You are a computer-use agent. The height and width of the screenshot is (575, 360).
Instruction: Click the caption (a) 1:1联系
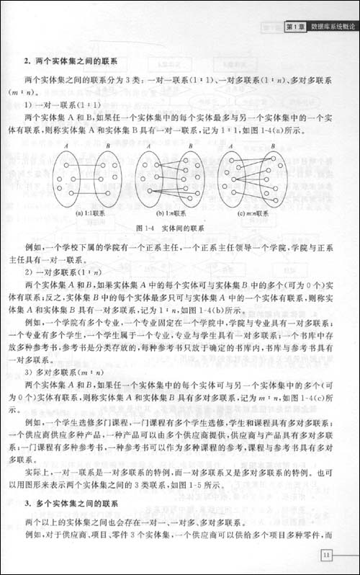[x=90, y=213]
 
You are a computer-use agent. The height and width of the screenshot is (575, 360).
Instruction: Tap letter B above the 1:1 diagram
[x=108, y=146]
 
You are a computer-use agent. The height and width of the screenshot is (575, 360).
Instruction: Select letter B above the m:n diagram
[x=272, y=146]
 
